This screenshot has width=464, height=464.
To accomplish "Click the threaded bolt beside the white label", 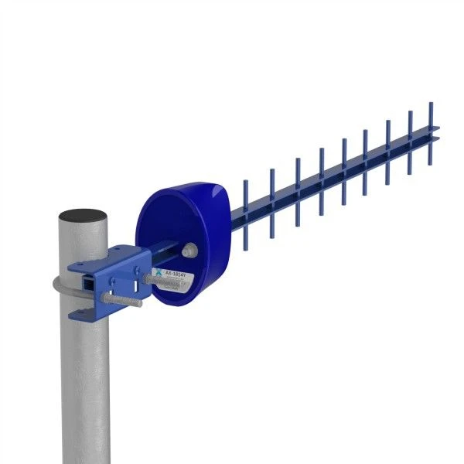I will [145, 275].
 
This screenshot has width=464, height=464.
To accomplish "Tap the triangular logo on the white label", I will [159, 273].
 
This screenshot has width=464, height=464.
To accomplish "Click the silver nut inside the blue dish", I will [189, 250].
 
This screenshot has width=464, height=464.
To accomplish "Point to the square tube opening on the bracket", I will [91, 284].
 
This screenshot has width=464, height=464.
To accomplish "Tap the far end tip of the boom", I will [436, 133].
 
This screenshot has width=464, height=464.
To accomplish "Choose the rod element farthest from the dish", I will [430, 132].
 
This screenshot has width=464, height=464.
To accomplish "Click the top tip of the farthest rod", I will [430, 101].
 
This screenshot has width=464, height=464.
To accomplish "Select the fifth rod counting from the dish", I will [344, 165].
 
